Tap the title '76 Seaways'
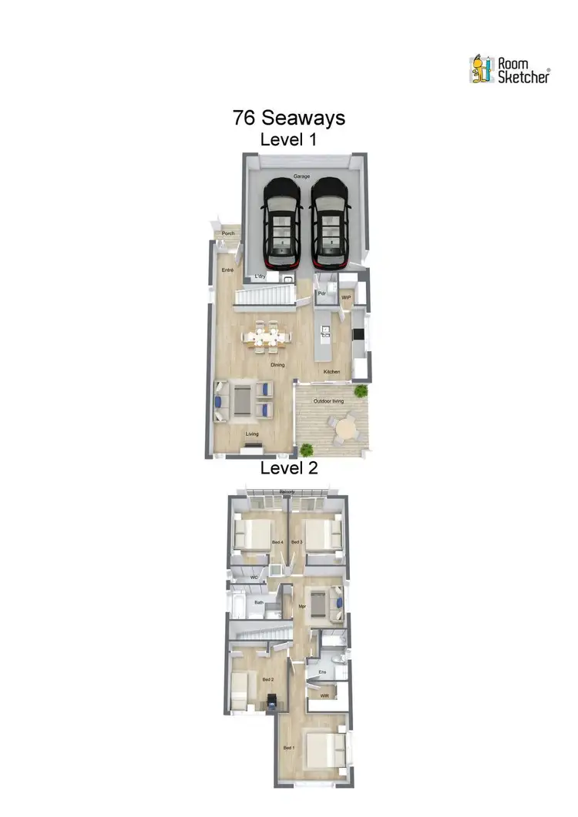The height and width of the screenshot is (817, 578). (288, 119)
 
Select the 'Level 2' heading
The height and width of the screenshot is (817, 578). (288, 467)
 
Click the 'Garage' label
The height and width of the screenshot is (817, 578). (301, 176)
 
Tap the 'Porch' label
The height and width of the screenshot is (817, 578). (227, 233)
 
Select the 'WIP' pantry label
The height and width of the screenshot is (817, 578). (346, 296)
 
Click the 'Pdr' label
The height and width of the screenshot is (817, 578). (322, 294)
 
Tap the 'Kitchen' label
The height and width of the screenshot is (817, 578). (331, 372)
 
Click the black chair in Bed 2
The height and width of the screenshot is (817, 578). (271, 702)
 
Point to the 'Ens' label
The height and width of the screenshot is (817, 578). (322, 672)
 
